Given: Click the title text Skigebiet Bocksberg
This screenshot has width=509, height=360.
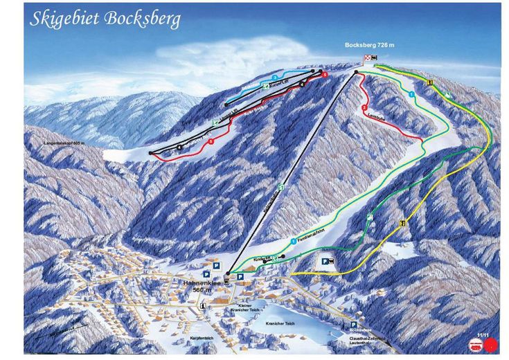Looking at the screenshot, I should click(x=105, y=18).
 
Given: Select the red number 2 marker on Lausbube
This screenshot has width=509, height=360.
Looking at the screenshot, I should click(x=364, y=107).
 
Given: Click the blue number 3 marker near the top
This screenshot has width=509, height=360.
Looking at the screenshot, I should click(x=275, y=75).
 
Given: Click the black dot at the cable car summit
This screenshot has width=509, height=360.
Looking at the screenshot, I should click(x=356, y=73).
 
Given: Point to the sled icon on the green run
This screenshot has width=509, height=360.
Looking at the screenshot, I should click(x=369, y=217).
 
